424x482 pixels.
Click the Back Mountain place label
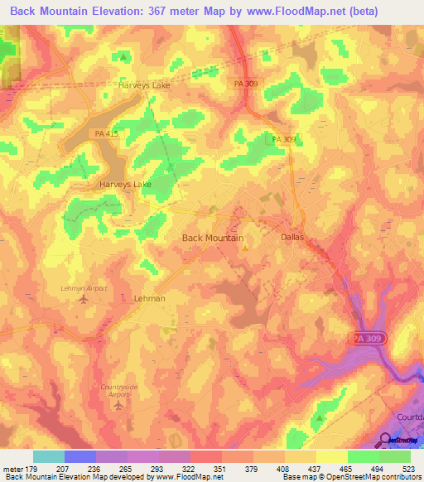pos(212,238)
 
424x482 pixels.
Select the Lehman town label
pos(149,298)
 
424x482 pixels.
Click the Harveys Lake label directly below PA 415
pos(125,185)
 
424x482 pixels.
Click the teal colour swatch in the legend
pos(48,456)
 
